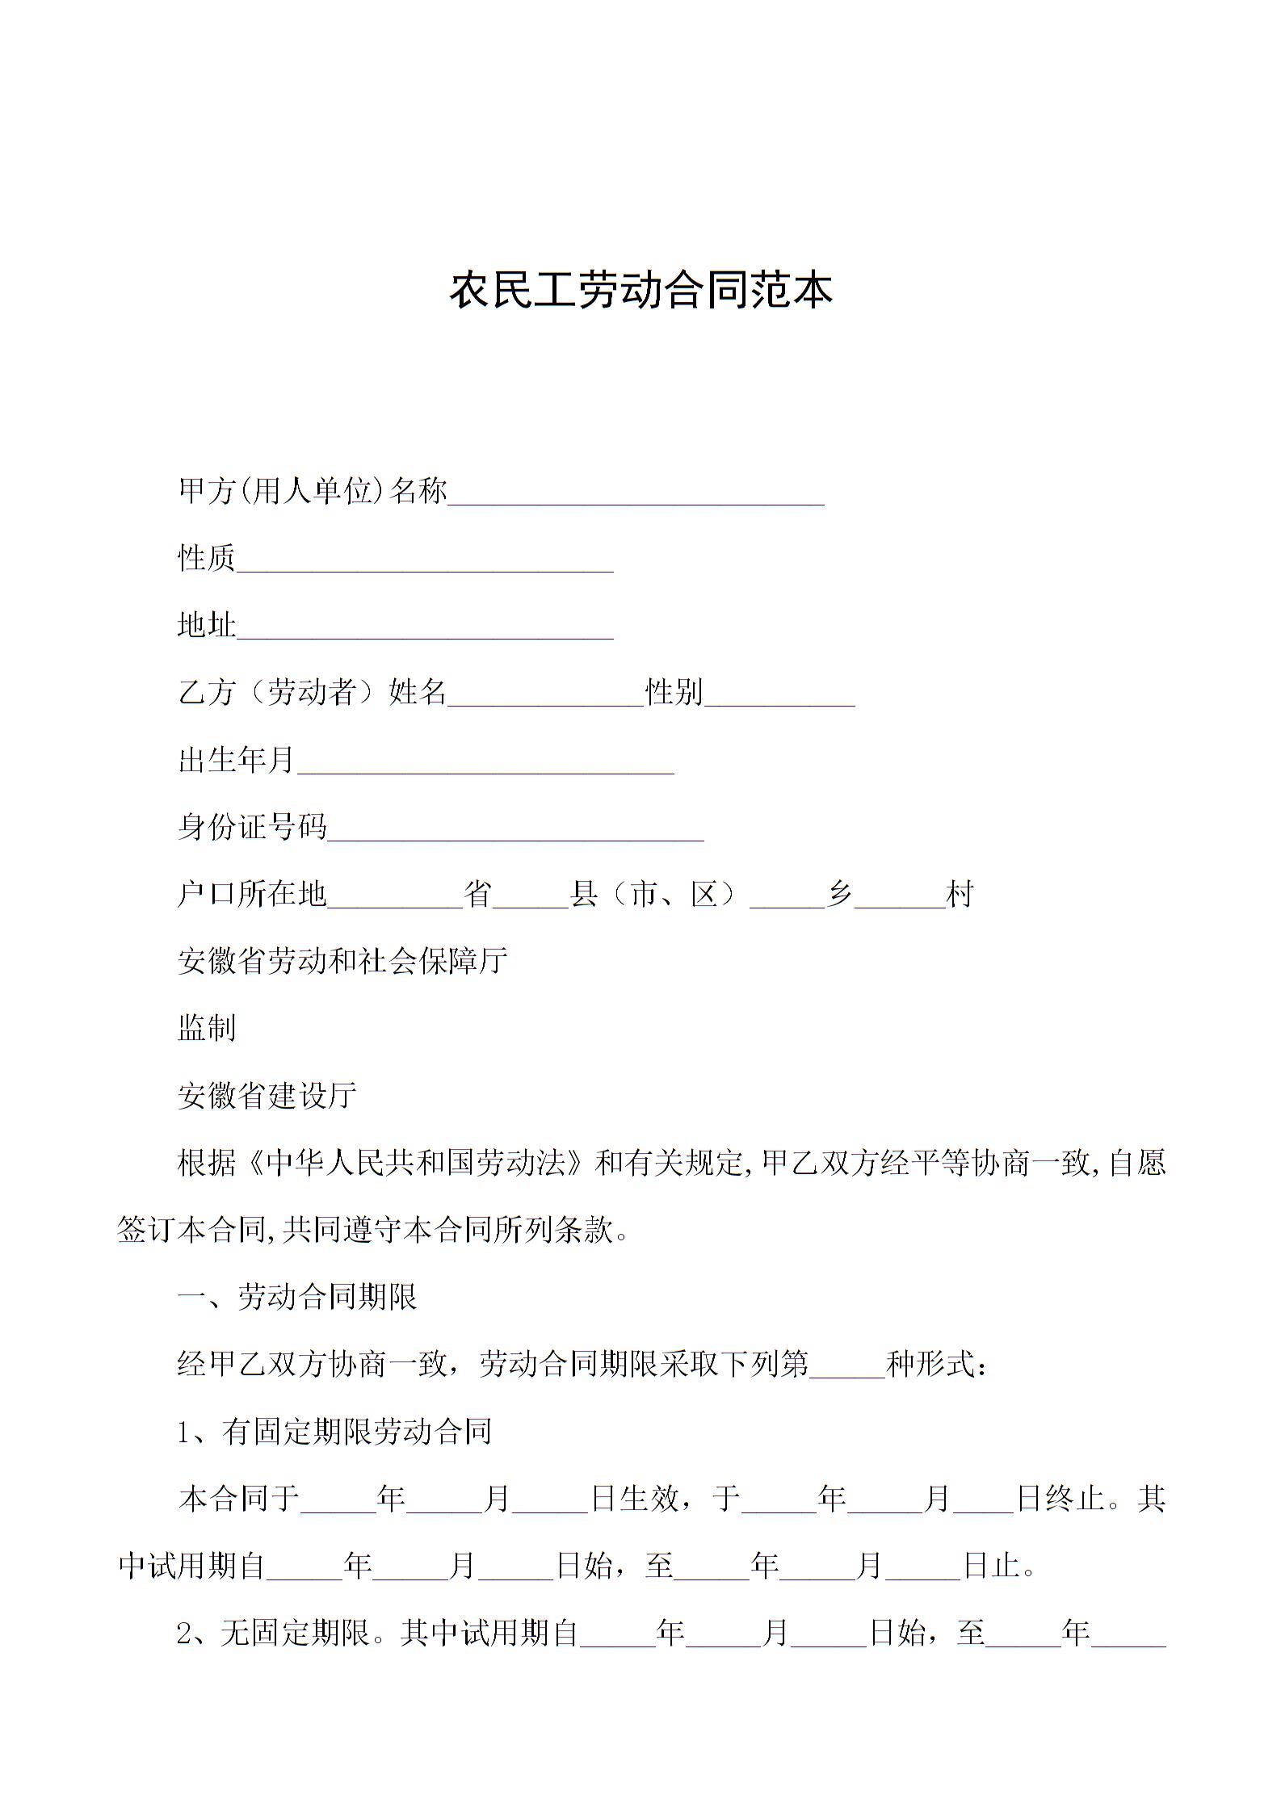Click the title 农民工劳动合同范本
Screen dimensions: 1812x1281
[x=640, y=291]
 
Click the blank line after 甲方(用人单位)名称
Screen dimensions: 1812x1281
[x=636, y=493]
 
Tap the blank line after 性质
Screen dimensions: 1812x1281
[x=424, y=560]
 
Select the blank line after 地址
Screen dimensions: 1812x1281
[x=424, y=627]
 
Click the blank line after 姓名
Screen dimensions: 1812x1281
[x=545, y=694]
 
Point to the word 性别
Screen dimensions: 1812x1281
[x=674, y=692]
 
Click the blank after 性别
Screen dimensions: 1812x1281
[x=779, y=694]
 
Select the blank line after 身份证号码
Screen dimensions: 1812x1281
[x=515, y=828]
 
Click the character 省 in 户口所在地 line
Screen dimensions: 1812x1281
[x=478, y=894]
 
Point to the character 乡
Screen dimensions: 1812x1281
[x=840, y=894]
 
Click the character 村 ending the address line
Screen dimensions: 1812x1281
[x=960, y=894]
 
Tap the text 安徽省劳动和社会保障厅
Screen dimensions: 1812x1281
[x=342, y=961]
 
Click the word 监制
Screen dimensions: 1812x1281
[x=207, y=1028]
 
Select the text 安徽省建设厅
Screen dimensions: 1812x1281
[x=267, y=1096]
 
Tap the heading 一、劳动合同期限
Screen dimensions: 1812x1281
[x=297, y=1298]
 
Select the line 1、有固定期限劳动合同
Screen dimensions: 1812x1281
[x=334, y=1432]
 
